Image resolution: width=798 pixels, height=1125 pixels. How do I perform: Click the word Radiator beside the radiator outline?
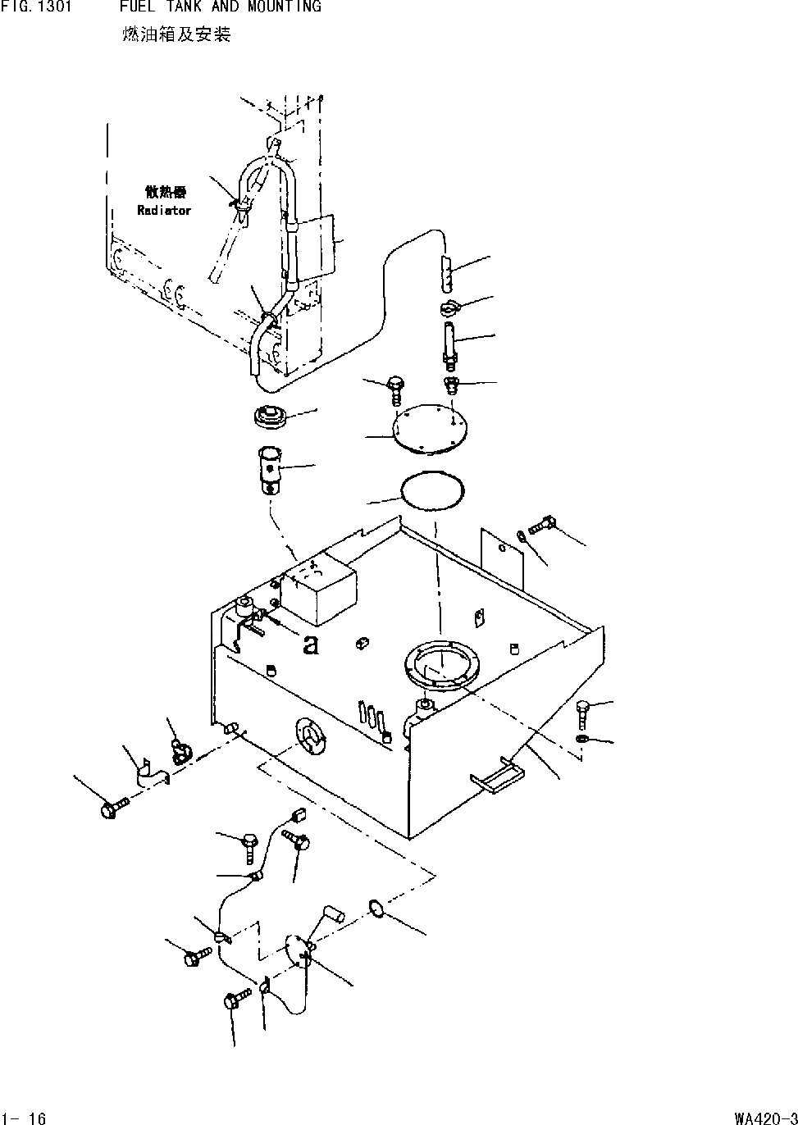164,211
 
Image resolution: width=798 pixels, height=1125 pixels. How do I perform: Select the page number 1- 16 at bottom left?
25,1118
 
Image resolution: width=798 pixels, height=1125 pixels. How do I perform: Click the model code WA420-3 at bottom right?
765,1118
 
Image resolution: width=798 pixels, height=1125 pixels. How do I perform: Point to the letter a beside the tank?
310,645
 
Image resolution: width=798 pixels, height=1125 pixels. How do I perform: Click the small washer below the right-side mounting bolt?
581,739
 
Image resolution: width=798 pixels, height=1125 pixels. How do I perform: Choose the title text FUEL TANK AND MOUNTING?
220,7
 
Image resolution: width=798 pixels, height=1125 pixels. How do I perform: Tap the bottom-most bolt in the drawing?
236,1000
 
